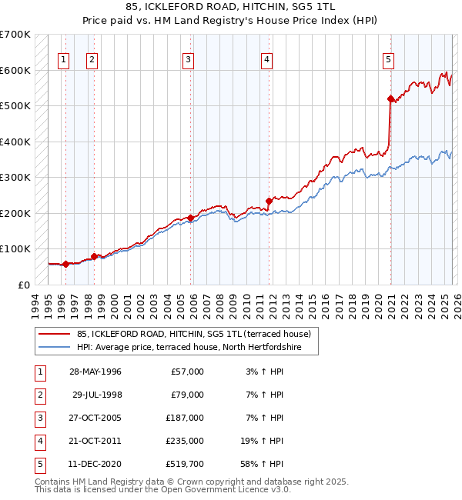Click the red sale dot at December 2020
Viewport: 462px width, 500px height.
point(390,98)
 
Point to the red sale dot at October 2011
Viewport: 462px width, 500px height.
point(269,201)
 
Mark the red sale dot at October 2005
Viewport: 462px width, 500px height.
point(190,218)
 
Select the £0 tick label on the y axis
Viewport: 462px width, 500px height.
point(24,285)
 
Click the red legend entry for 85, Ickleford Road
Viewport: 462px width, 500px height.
point(193,334)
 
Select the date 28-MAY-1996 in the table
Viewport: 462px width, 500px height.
point(95,372)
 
